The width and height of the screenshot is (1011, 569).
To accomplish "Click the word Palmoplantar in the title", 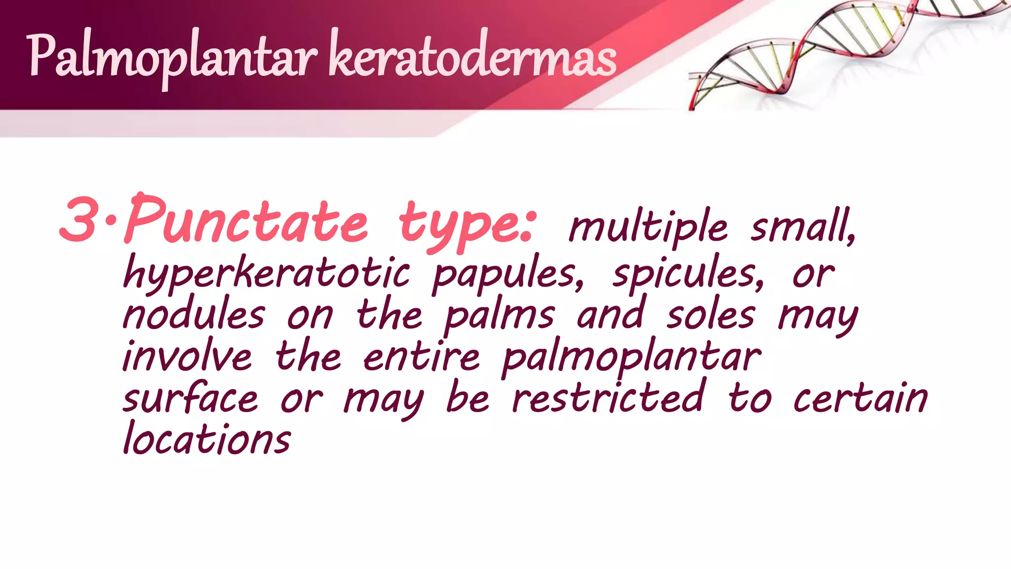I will point(170,57).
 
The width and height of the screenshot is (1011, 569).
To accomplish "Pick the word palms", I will point(499,316).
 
